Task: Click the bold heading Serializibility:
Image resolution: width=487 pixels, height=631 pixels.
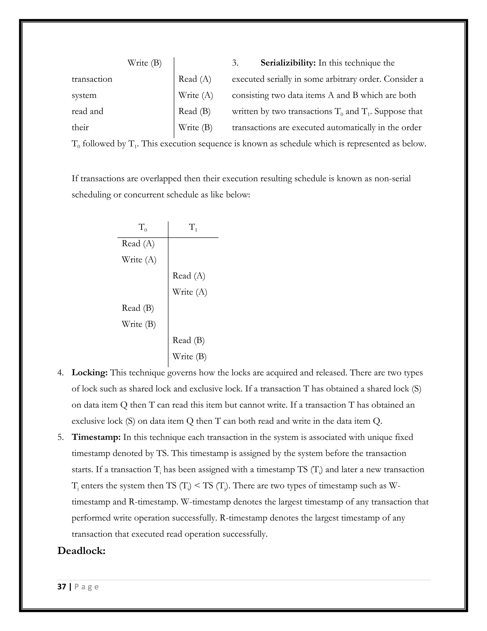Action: tap(288, 63)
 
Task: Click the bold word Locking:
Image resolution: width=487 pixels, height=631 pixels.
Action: tap(89, 373)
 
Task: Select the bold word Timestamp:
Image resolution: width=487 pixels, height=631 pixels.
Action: tap(96, 437)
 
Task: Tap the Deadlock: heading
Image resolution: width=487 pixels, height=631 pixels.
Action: tap(81, 551)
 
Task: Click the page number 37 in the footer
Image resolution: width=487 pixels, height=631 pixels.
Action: tap(62, 587)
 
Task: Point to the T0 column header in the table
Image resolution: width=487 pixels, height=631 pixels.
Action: tap(142, 227)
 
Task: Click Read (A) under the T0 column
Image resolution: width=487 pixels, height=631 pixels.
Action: tap(138, 244)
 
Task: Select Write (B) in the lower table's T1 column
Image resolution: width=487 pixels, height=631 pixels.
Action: tap(189, 356)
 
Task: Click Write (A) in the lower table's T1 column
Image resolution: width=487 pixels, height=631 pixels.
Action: tap(190, 292)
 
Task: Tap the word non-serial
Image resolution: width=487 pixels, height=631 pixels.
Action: tap(392, 179)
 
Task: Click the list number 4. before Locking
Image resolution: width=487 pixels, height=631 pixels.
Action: tap(60, 373)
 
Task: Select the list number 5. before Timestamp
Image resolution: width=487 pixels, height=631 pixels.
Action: tap(60, 437)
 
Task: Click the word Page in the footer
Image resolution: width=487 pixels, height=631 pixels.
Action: tap(87, 587)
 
